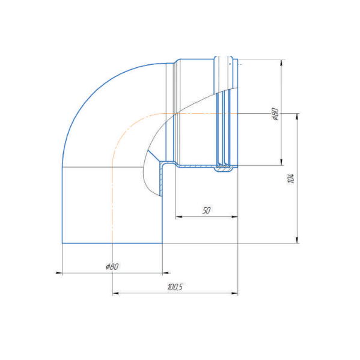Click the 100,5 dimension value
(175, 287)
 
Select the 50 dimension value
(206, 210)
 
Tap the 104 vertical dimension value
(291, 178)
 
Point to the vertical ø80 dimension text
(275, 114)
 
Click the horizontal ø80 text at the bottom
(112, 267)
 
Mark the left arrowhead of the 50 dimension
(179, 216)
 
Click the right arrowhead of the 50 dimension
(234, 216)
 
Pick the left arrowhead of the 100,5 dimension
(115, 293)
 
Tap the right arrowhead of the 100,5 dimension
(234, 293)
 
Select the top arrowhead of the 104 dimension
(297, 117)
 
